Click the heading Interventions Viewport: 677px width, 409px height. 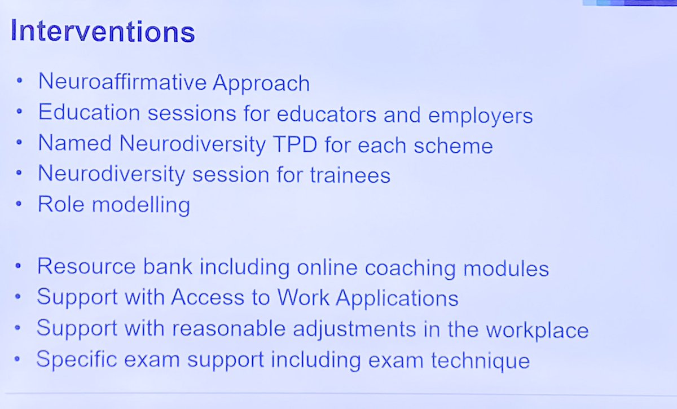(102, 32)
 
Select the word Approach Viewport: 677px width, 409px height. (261, 83)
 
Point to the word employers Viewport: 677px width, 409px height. (480, 116)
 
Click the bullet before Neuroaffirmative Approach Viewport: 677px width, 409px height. (20, 82)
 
